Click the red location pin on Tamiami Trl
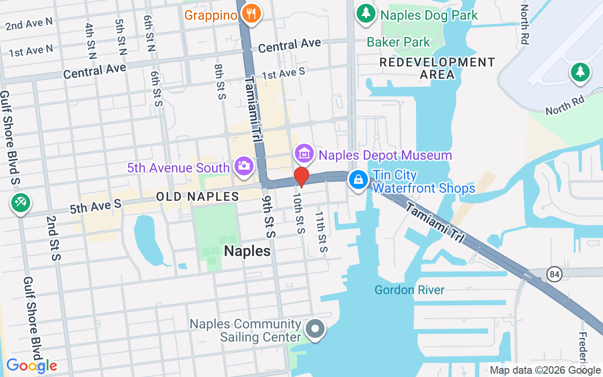[301, 177]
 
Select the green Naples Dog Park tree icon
[366, 14]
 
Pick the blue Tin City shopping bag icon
[359, 180]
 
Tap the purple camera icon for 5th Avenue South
[244, 166]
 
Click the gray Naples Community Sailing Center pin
[315, 329]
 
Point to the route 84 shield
[554, 274]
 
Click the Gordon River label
[409, 289]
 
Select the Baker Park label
[399, 42]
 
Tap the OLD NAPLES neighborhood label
[197, 197]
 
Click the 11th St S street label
[321, 231]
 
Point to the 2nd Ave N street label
[29, 24]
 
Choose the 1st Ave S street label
[284, 74]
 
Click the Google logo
[32, 366]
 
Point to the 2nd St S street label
[53, 238]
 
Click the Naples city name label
[247, 251]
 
